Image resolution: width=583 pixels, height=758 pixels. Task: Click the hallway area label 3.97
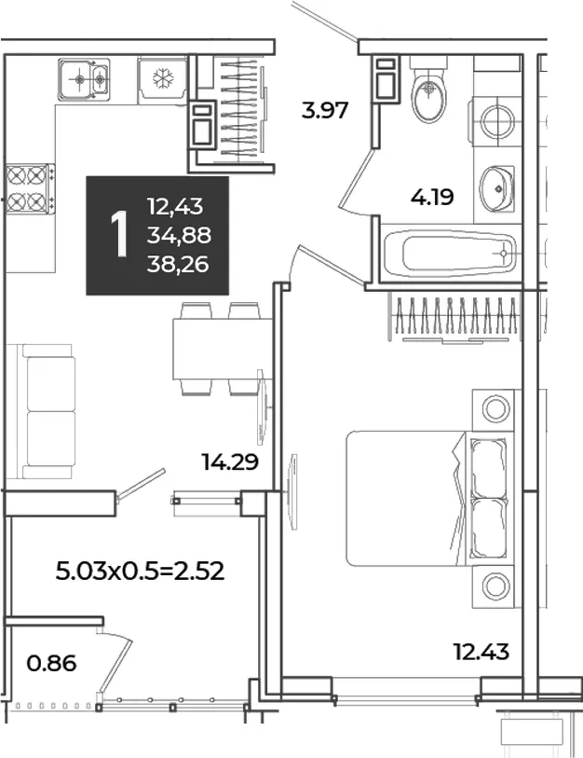pos(325,110)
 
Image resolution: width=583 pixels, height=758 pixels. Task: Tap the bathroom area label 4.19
pos(432,198)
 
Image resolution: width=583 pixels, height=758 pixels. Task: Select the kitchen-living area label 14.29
pos(230,462)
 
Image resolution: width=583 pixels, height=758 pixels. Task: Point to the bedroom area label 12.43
pos(481,652)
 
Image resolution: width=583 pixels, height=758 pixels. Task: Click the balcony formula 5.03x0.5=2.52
pos(140,571)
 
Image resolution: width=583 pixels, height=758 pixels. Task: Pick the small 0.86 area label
pos(51,663)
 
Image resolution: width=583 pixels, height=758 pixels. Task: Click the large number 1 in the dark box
pos(119,235)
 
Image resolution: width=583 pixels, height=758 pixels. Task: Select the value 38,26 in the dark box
pos(178,265)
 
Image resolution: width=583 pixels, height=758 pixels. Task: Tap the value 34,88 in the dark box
pos(179,236)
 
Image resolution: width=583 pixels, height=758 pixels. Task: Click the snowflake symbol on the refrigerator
pos(163,78)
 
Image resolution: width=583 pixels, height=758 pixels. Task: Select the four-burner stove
pos(29,187)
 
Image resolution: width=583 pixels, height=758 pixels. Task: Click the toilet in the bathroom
pos(429,90)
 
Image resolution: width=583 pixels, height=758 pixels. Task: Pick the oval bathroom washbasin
pos(496,188)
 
